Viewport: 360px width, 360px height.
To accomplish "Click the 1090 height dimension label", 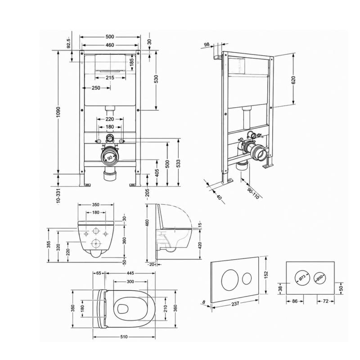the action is pos(58,112).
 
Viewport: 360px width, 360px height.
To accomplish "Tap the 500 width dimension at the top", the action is pos(110,37).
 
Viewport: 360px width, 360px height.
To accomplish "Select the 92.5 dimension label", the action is pos(68,43).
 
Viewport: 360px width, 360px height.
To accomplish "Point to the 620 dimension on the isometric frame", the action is pos(293,80).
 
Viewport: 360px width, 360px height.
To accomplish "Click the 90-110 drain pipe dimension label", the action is pos(253,193).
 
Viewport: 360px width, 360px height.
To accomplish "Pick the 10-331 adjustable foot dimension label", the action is pos(58,195).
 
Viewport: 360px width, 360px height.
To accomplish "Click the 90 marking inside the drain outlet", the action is pos(110,158).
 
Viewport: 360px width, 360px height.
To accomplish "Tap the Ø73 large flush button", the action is pos(302,278).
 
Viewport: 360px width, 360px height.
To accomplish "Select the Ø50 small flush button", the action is pos(320,278).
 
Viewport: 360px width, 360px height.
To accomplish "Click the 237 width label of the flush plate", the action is pos(235,304).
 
